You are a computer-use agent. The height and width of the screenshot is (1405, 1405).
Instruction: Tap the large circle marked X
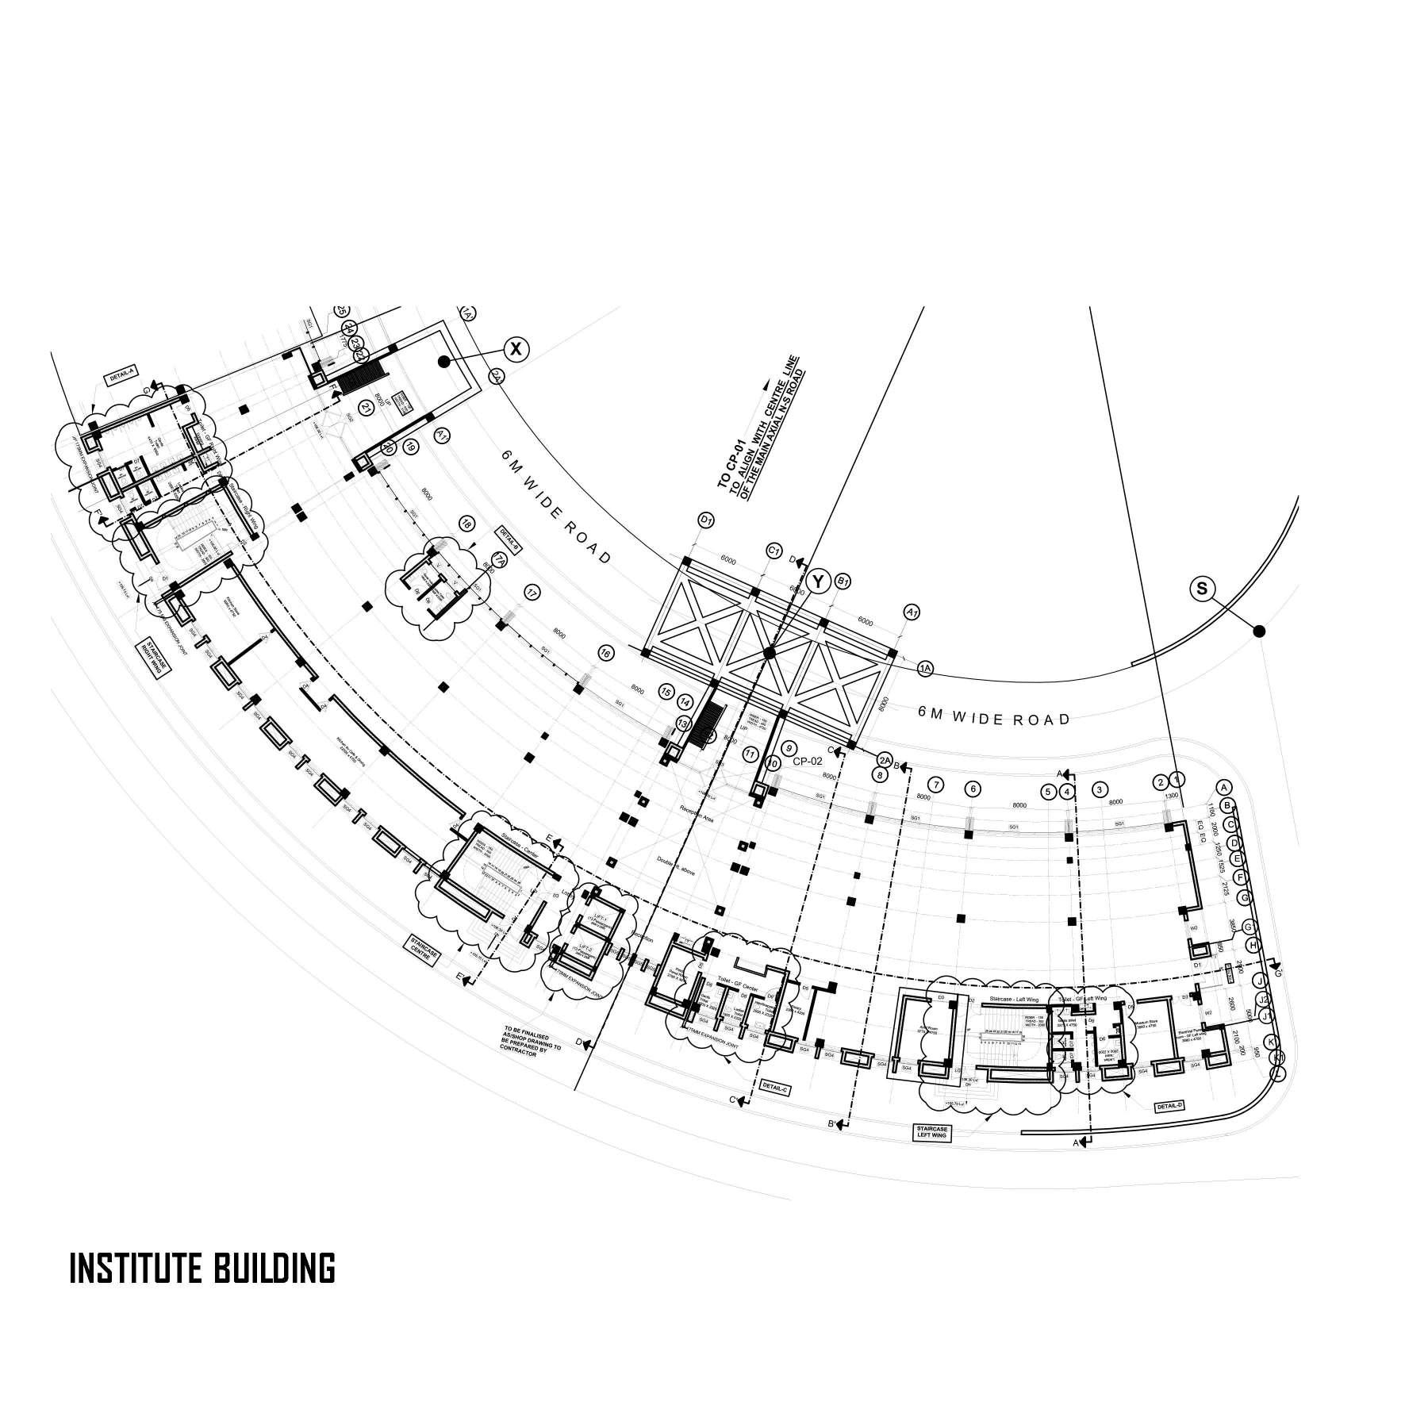(516, 348)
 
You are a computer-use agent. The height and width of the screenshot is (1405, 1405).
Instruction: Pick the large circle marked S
(1202, 589)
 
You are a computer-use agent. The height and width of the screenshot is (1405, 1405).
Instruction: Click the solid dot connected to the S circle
(1258, 631)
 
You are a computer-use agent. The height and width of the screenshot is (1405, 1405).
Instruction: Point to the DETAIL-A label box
(119, 381)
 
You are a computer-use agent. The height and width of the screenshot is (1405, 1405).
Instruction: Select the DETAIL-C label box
(773, 1087)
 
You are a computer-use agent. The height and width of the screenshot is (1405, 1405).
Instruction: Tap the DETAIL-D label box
(1169, 1106)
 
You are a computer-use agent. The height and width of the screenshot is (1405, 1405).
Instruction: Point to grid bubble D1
(706, 520)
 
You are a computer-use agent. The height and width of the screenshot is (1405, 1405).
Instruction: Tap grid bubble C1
(774, 550)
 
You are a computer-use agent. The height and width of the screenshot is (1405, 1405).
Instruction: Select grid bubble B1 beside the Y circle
(843, 582)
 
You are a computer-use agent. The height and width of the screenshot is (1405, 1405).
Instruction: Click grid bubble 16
(606, 654)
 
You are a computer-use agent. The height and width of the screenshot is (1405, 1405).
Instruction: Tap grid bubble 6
(973, 789)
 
